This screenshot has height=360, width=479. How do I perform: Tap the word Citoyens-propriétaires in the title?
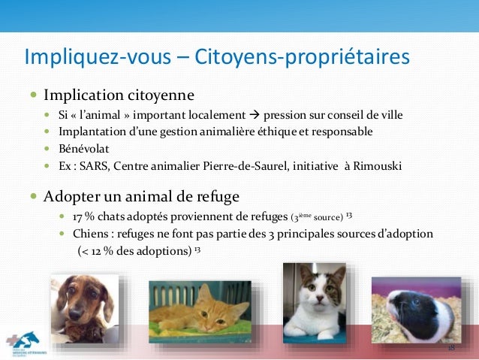pyautogui.click(x=303, y=57)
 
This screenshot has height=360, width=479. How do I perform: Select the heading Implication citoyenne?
pyautogui.click(x=119, y=95)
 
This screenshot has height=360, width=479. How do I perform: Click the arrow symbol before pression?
pyautogui.click(x=255, y=116)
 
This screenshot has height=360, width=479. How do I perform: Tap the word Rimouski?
pyautogui.click(x=377, y=165)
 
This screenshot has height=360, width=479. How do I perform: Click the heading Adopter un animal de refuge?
pyautogui.click(x=141, y=197)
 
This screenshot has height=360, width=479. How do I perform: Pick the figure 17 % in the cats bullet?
pyautogui.click(x=83, y=218)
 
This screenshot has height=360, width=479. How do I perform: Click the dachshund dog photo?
pyautogui.click(x=84, y=307)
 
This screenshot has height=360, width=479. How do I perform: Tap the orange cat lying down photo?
pyautogui.click(x=199, y=309)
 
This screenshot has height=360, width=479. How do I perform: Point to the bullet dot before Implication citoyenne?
pyautogui.click(x=33, y=96)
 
